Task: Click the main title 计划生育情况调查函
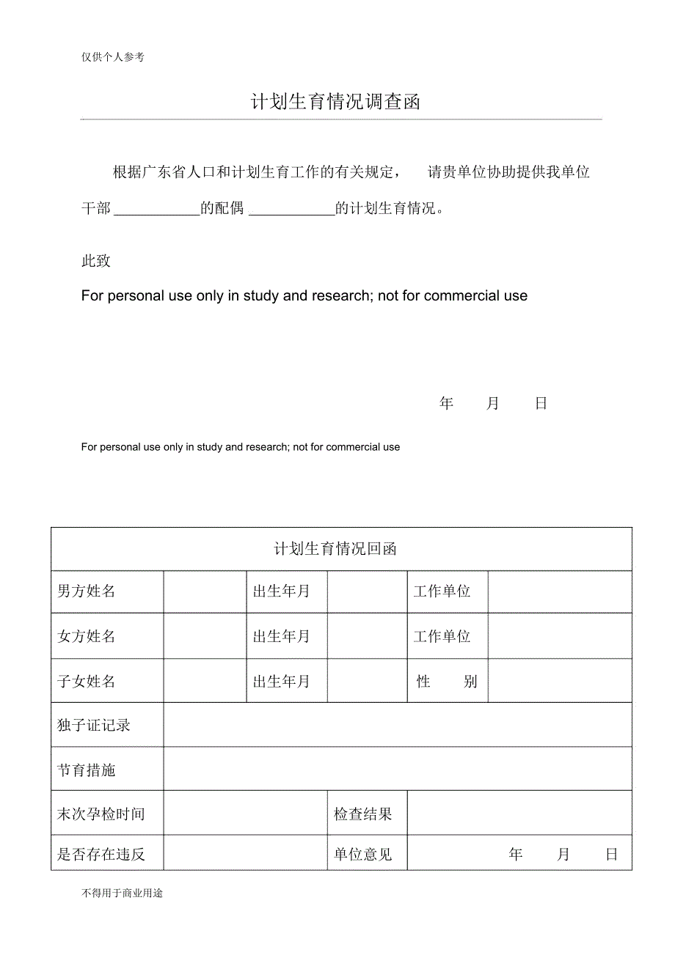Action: (x=336, y=102)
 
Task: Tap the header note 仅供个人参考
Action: (x=113, y=57)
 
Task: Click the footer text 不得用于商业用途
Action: (x=123, y=893)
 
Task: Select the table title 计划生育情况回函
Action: (x=335, y=549)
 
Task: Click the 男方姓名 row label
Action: (x=87, y=591)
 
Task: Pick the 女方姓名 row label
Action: (x=87, y=636)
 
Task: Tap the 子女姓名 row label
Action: (x=87, y=682)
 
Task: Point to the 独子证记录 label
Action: (x=94, y=726)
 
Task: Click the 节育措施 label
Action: (x=87, y=770)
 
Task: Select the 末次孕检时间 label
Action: (x=101, y=814)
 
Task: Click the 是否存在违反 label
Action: (x=101, y=854)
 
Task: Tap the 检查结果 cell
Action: (x=363, y=814)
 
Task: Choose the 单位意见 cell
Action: (x=363, y=854)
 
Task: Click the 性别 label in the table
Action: (x=447, y=682)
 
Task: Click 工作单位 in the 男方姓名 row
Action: (x=442, y=591)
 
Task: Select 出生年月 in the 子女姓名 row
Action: (x=282, y=682)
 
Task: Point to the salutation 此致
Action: (x=95, y=261)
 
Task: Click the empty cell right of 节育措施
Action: (x=397, y=770)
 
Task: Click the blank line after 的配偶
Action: (x=292, y=210)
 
